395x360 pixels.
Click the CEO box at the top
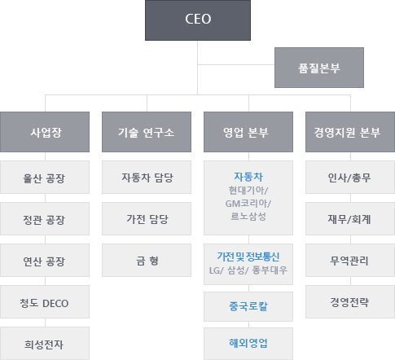coord(198,20)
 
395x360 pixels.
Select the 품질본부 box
coord(319,68)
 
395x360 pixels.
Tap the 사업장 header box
coord(45,132)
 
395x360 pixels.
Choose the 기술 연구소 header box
coord(147,132)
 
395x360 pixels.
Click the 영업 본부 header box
coord(248,132)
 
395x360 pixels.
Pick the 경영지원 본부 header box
coord(350,132)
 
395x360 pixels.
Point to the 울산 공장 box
coord(45,178)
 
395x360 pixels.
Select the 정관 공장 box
coord(45,219)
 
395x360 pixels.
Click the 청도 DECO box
coord(45,302)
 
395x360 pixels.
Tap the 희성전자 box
coord(45,344)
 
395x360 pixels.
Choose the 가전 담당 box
coord(147,219)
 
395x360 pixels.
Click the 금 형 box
coord(147,261)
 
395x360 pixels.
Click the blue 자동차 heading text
coord(248,177)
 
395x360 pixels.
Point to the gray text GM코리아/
coord(248,204)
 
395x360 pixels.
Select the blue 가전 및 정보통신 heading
coord(248,257)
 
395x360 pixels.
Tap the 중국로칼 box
coord(248,306)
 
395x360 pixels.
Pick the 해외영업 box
coord(248,344)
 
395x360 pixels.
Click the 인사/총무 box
coord(350,178)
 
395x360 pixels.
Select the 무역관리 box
coord(350,261)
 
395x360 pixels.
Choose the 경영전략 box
coord(350,302)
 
